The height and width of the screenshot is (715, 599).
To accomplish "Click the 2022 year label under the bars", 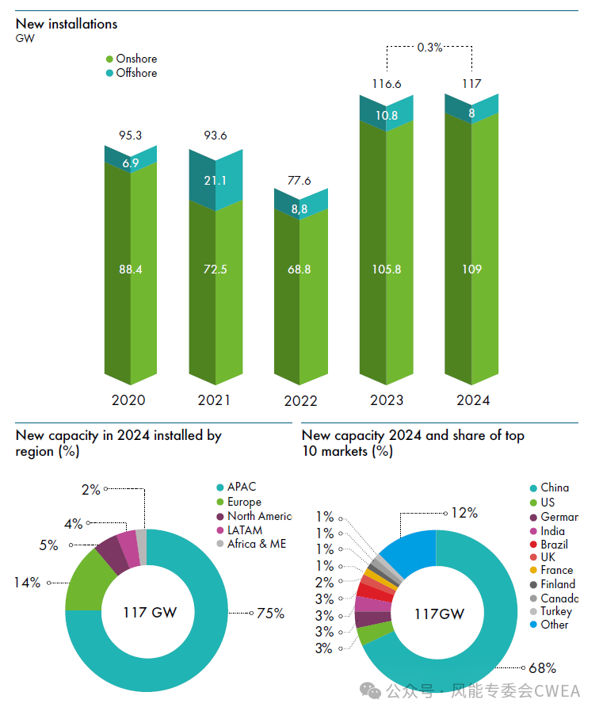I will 300,401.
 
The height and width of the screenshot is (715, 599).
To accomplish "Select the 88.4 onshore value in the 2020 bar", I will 130,270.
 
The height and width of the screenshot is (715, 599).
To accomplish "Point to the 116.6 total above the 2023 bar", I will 387,83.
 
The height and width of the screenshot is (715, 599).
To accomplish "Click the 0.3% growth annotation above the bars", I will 429,48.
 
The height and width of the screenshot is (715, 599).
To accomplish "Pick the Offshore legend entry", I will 136,73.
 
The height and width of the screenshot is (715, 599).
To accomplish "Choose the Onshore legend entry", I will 136,59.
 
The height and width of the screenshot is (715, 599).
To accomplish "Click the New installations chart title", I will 67,24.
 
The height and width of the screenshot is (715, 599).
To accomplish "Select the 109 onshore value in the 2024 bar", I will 471,270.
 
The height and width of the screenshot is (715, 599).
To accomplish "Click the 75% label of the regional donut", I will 270,613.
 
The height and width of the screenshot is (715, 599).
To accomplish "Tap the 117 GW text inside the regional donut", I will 150,612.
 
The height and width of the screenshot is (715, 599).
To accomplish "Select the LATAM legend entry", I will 244,530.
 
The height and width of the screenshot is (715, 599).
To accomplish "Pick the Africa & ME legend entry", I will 256,544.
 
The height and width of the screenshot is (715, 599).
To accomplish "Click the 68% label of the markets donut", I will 543,668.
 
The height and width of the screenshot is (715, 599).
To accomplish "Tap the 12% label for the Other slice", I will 464,513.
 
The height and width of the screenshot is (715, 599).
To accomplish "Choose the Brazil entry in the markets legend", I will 554,545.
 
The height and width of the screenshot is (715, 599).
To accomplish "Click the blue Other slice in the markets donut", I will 408,552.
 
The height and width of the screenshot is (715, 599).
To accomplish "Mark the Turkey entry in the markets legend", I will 555,611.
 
